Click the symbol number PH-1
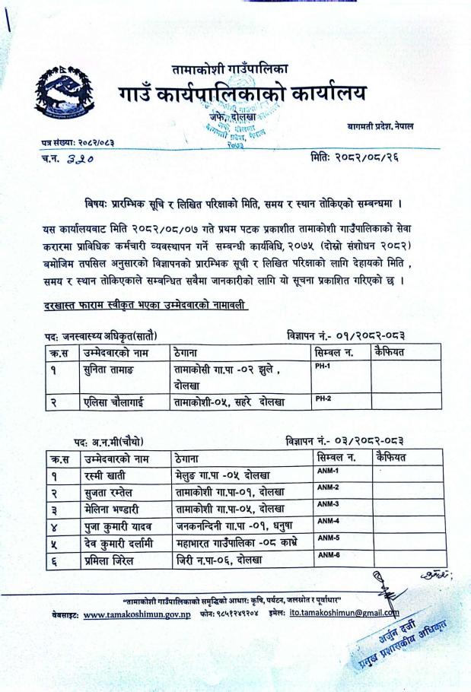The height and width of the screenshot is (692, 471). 323,366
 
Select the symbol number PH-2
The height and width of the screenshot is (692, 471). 323,398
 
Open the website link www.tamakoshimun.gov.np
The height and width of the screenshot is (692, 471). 136,614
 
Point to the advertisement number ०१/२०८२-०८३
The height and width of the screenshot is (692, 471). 365,335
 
